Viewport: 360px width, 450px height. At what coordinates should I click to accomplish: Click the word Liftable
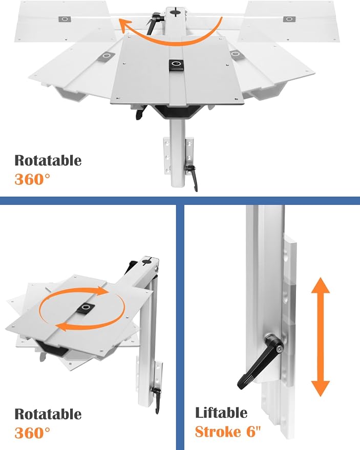221,413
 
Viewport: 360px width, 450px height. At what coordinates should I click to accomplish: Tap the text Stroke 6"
228,432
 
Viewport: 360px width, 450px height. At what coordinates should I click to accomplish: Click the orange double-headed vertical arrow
321,337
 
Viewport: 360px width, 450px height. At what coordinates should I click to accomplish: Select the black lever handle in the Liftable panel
259,362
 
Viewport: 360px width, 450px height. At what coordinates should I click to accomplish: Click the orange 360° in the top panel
32,179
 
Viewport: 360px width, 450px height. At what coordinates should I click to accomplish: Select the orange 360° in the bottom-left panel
32,433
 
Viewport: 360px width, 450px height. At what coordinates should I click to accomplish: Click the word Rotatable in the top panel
48,160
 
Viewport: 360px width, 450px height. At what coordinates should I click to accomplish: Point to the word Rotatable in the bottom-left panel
48,414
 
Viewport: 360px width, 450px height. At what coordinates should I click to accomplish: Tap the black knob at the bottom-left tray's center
86,309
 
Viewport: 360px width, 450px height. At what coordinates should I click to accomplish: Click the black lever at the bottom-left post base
157,400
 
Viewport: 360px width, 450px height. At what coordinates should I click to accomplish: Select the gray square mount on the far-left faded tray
65,19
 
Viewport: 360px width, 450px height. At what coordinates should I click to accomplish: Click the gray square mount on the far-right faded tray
289,19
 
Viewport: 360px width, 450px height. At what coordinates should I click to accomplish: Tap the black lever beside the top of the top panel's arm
155,23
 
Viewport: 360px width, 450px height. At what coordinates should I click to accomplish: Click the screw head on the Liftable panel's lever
279,349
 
